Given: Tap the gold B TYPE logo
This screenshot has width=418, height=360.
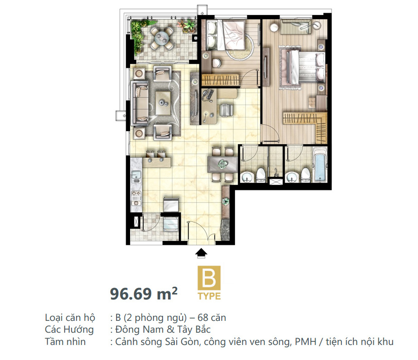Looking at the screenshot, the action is coord(209,283).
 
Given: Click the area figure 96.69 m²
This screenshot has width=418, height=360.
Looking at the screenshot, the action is coord(144,294).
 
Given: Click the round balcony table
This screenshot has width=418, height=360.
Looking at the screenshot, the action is coord(162,38).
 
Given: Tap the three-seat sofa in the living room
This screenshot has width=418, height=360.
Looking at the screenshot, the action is coord(140,103).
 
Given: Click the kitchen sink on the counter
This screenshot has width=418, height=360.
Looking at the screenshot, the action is coord(136,175).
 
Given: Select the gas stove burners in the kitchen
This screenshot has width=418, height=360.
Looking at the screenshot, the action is coord(136,198).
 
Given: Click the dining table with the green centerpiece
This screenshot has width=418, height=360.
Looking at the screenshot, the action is coord(222,164).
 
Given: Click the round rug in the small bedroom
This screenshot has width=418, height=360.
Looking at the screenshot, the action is coord(240,46).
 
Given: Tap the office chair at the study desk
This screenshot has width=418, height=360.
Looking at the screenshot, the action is coord(227,110).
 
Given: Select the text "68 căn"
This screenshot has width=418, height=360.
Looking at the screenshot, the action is coord(212,318).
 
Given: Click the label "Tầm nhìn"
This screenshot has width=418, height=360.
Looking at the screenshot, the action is coord(65,342).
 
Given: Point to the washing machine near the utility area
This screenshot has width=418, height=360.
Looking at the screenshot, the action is coord(170,224).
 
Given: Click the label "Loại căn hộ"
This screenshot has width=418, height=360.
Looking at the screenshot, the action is coord(70,318).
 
